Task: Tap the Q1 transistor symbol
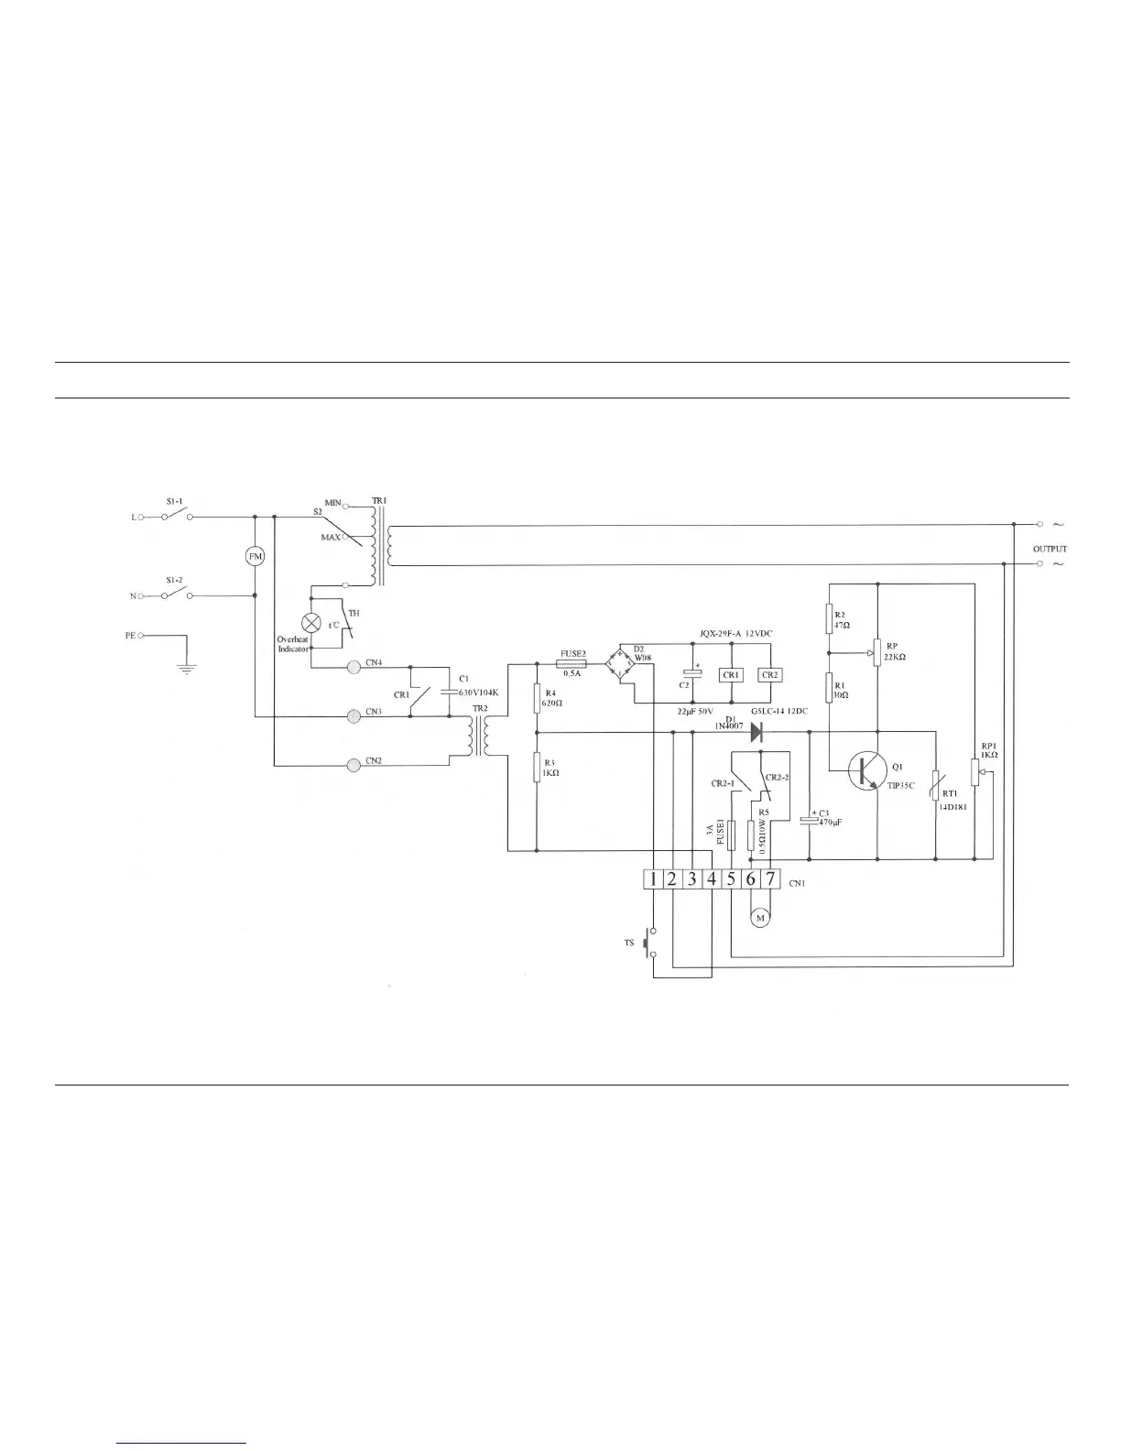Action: (x=865, y=770)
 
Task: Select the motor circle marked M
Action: (x=759, y=918)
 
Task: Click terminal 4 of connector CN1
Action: (x=712, y=879)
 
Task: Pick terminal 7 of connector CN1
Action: (x=770, y=879)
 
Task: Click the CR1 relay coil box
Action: (x=731, y=675)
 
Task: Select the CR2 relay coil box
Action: (x=770, y=675)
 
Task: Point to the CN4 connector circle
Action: (x=354, y=666)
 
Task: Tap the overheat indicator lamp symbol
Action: (x=311, y=622)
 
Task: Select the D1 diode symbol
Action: (x=757, y=732)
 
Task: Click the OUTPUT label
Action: (x=1050, y=550)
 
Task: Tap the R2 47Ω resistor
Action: (x=829, y=618)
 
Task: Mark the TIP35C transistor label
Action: (x=901, y=785)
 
